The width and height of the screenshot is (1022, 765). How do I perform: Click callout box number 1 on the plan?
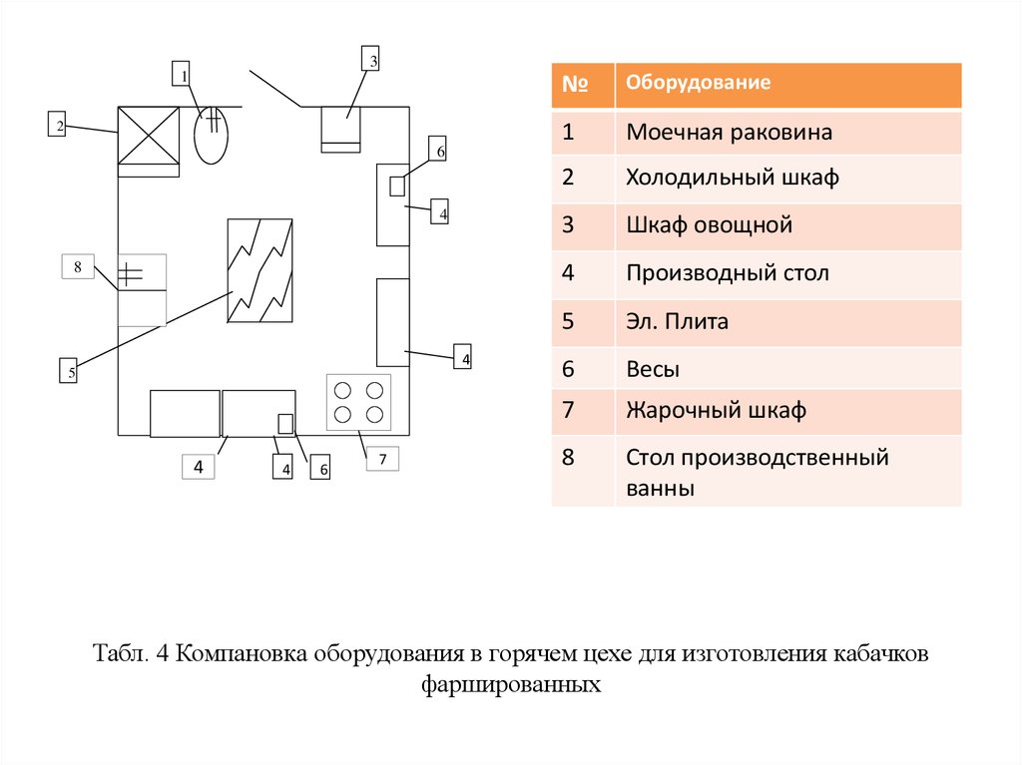point(182,75)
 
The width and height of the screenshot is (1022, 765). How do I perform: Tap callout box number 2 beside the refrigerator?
point(58,126)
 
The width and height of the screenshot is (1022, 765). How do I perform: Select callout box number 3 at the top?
point(370,61)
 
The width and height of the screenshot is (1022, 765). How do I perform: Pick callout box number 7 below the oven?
point(381,459)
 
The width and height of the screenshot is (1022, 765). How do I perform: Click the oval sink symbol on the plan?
point(212,135)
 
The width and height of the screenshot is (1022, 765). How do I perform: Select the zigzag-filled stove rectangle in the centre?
point(260,270)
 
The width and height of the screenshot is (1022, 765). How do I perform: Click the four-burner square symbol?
point(359,402)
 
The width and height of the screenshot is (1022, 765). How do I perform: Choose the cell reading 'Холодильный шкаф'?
point(733,179)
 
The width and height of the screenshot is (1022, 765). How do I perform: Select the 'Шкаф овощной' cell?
point(709,225)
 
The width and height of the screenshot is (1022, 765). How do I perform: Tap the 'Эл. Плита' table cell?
point(678,322)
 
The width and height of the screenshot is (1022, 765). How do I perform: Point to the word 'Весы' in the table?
point(654,369)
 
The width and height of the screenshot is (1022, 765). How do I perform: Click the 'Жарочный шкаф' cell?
point(716,410)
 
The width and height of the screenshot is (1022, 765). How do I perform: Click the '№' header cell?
point(573,85)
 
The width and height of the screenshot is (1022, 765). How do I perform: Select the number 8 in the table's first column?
point(568,459)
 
